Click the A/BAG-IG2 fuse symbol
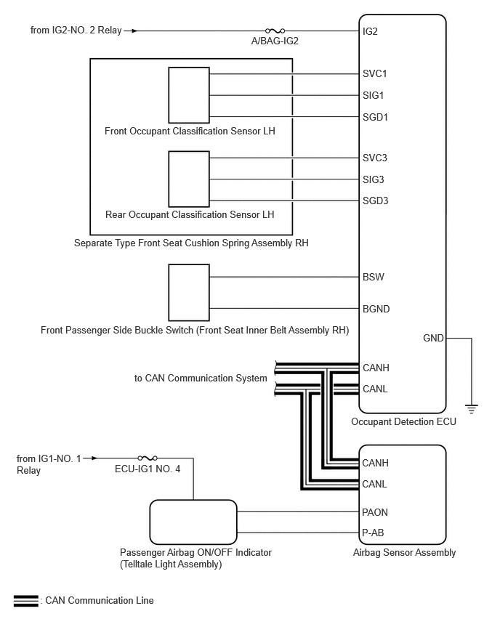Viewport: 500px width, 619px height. (275, 31)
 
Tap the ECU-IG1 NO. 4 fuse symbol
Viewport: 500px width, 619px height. (148, 458)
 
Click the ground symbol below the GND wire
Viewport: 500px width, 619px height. (471, 409)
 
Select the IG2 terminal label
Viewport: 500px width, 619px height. (370, 31)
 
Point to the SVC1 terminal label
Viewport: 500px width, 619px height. (375, 74)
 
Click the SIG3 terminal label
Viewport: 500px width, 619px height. (374, 179)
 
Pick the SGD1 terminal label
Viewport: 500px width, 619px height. (375, 117)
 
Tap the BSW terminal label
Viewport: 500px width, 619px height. (374, 277)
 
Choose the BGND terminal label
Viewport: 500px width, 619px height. (376, 309)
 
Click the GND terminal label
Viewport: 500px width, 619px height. (433, 339)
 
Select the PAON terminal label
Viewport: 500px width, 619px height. (375, 512)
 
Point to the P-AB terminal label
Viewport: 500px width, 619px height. (373, 533)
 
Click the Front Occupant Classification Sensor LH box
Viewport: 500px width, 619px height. (189, 95)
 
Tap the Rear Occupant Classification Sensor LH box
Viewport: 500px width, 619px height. (189, 179)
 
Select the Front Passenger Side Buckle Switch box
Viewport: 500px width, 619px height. (189, 293)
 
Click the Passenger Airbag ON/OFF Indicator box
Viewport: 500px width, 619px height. (193, 522)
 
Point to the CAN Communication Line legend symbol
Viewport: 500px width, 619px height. (26, 600)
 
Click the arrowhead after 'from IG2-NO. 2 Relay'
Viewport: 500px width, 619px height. (134, 31)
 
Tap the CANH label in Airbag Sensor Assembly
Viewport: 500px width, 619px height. (375, 463)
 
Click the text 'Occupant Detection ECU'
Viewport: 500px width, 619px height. (403, 422)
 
